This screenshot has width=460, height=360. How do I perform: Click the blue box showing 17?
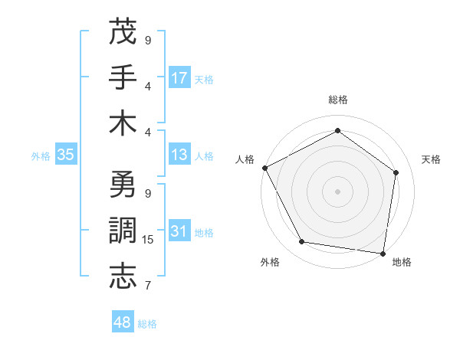[x=179, y=77]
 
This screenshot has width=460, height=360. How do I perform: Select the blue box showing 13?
[x=179, y=155]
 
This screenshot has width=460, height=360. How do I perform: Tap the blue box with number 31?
[x=179, y=232]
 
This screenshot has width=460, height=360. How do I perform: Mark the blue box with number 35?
[x=66, y=155]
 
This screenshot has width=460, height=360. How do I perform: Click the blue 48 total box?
[x=123, y=323]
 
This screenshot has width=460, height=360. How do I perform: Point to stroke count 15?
[x=148, y=240]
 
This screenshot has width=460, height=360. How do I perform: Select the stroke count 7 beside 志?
[x=148, y=286]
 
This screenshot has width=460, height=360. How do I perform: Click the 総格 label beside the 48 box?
[x=147, y=324]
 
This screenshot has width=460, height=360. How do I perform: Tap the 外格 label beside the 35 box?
[x=41, y=155]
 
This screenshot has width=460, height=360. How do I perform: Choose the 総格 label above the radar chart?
[x=338, y=100]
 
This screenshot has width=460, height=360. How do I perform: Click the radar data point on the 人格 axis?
[x=264, y=167]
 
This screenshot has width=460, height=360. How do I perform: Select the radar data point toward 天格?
[x=396, y=172]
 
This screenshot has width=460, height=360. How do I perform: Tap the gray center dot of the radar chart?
[x=338, y=191]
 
